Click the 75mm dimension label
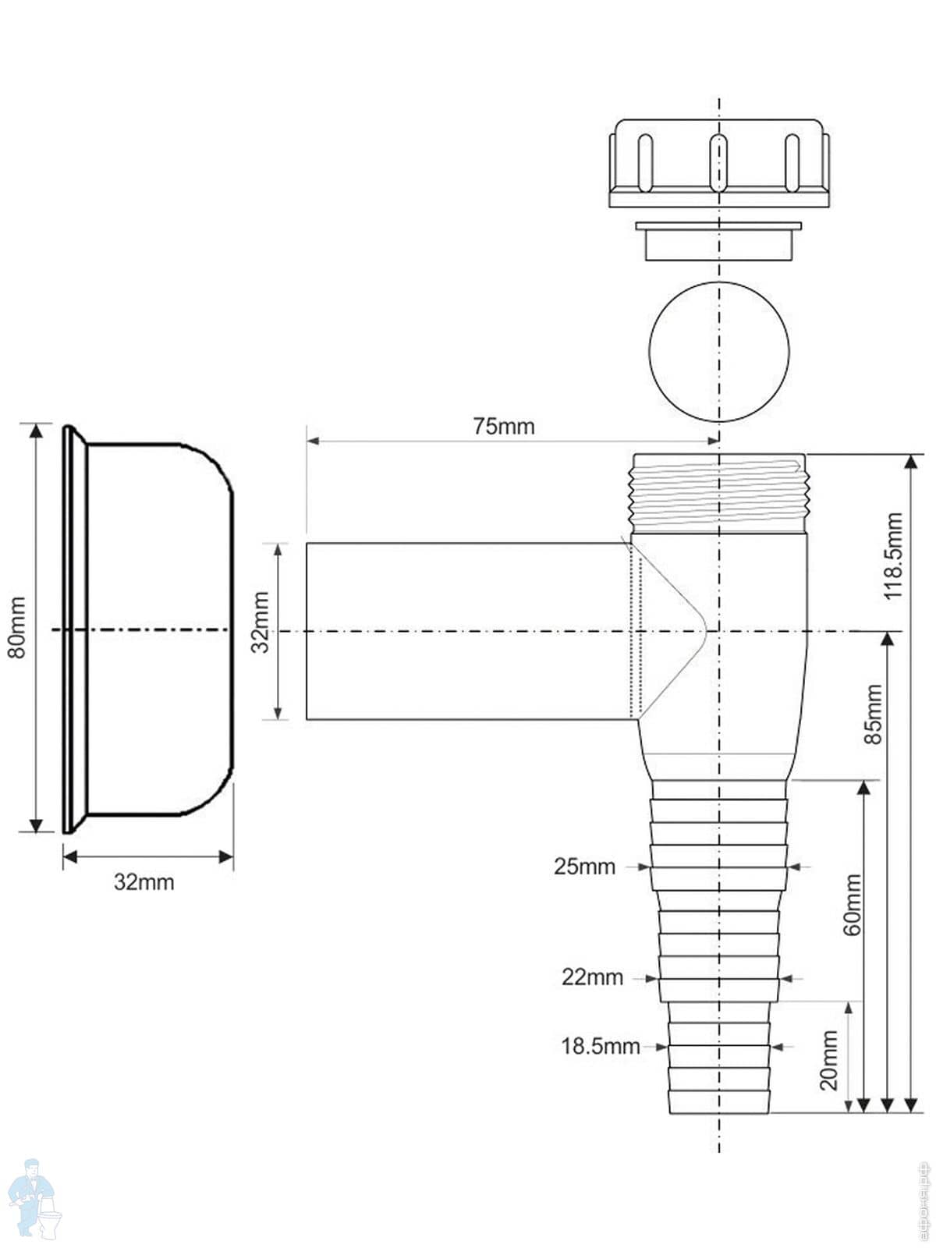pos(504,427)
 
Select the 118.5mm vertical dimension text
pos(893,555)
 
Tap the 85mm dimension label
pos(874,714)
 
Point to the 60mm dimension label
pos(852,905)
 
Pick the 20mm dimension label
pos(829,1060)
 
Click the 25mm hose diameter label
pos(584,867)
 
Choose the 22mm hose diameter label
pos(592,977)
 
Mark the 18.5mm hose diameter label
pos(600,1046)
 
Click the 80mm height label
pos(16,627)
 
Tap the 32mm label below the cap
pos(144,882)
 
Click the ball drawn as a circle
pos(718,351)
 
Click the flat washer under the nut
pos(718,240)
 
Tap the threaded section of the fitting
pos(718,493)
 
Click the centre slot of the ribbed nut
pos(718,162)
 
